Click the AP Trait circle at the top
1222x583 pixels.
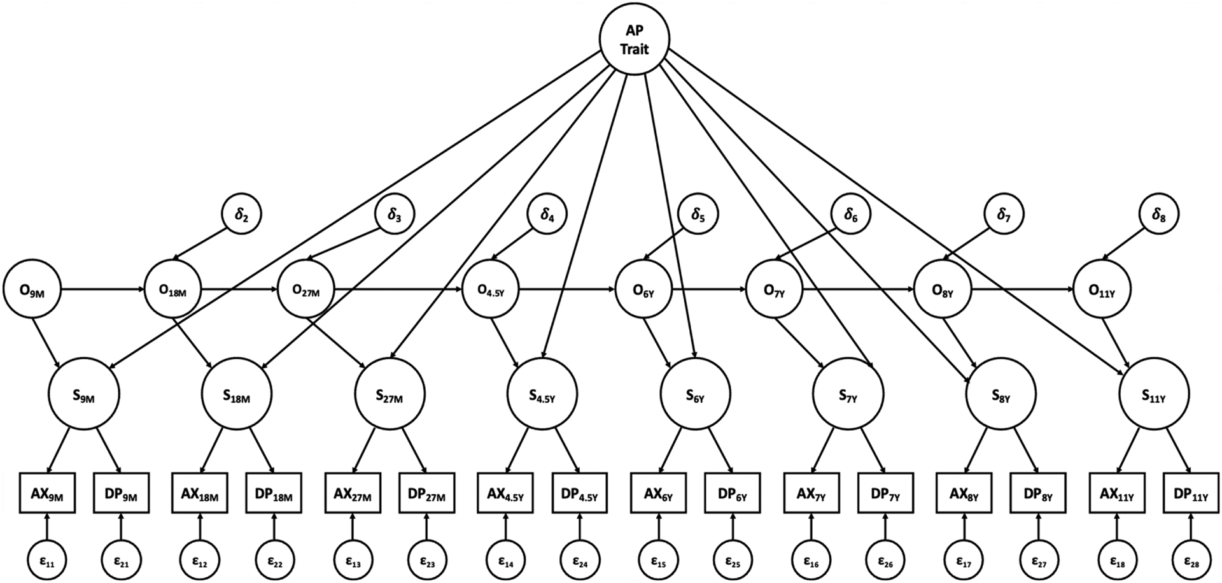(634, 40)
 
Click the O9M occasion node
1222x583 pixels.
(32, 291)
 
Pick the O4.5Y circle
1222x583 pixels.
(490, 291)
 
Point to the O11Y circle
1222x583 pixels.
(1102, 291)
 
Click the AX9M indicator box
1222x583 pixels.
(47, 493)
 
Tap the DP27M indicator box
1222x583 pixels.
(427, 493)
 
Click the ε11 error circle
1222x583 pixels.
(47, 561)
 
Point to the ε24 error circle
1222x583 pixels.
(579, 561)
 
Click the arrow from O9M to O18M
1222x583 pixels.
(102, 291)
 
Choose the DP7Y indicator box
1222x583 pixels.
(885, 493)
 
